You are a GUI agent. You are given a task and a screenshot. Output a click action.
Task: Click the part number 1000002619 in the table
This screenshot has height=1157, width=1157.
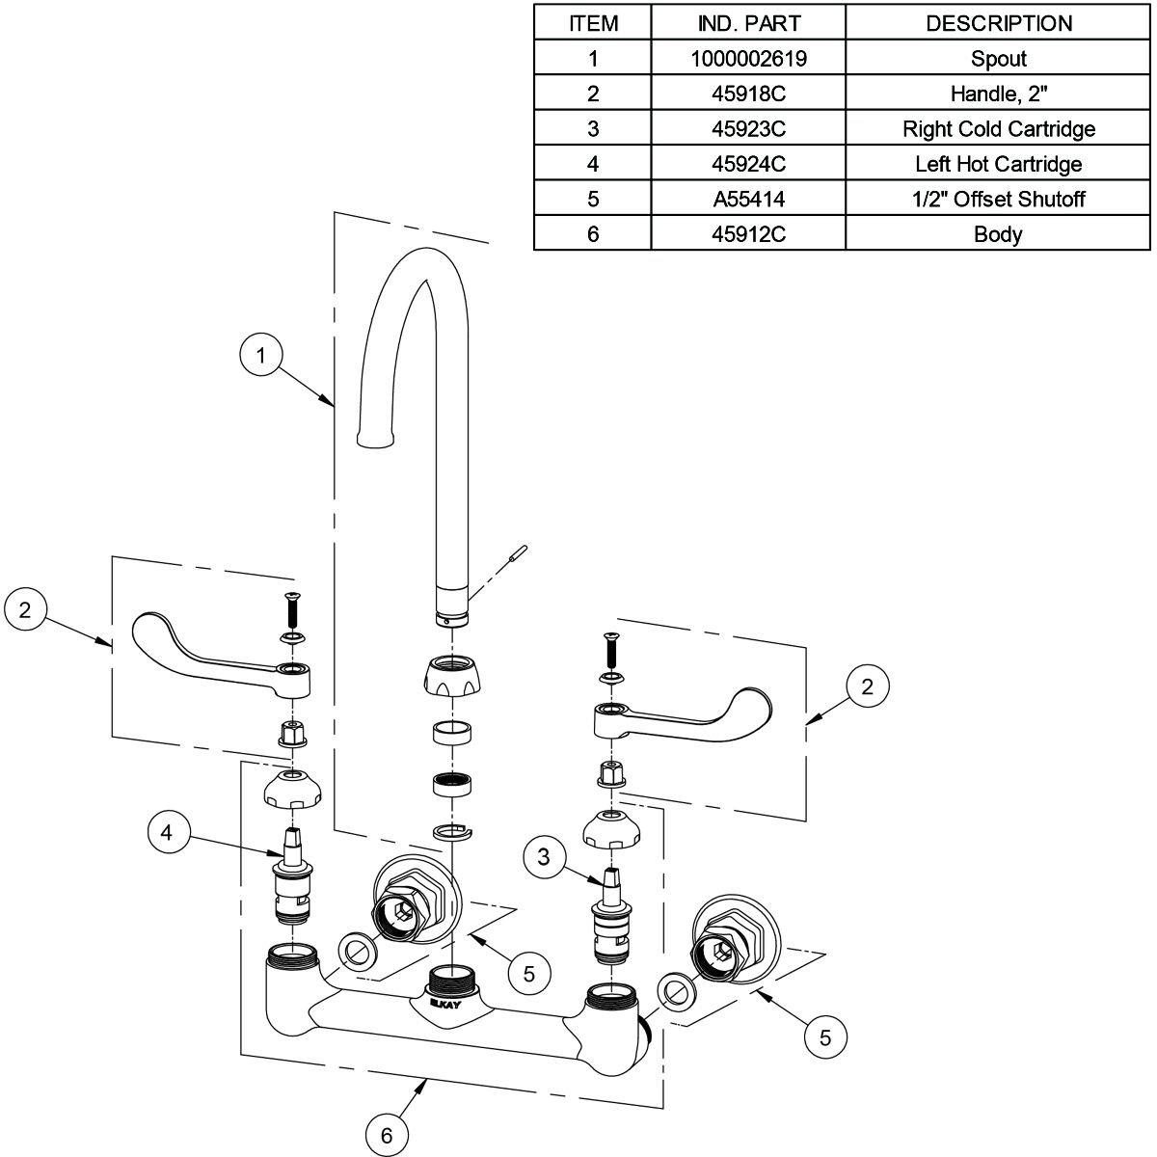coord(748,59)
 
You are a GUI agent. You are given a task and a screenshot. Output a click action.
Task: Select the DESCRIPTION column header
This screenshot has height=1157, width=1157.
coord(998,23)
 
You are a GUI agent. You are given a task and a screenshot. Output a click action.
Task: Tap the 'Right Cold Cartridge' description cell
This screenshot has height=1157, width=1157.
coord(998,128)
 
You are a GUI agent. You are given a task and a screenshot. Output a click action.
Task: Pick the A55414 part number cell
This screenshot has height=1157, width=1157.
coord(748,199)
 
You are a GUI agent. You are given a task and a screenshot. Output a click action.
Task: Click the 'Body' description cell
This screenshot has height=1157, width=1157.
coord(998,234)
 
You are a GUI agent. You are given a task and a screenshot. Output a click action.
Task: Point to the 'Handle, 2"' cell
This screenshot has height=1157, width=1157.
coord(998,94)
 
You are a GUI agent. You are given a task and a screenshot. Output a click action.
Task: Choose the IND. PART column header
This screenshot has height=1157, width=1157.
coord(748,23)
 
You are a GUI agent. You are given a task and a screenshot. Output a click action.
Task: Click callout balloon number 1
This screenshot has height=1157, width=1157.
coord(260,356)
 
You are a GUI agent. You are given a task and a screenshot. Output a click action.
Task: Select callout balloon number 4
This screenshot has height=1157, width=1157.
coord(169,832)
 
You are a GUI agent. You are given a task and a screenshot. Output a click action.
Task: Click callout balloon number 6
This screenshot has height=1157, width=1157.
coord(387,1136)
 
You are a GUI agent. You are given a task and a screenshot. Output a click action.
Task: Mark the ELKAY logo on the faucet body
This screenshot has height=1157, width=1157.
coord(444,1004)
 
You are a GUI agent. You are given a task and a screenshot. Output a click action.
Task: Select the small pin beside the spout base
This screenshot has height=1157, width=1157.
coord(520,554)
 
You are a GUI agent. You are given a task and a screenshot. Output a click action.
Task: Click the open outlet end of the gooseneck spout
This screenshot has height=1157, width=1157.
coord(376,442)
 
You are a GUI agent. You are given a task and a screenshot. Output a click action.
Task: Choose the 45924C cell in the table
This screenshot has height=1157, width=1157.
coord(748,164)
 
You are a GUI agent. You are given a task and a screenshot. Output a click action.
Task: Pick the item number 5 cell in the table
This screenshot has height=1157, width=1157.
coord(593,199)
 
